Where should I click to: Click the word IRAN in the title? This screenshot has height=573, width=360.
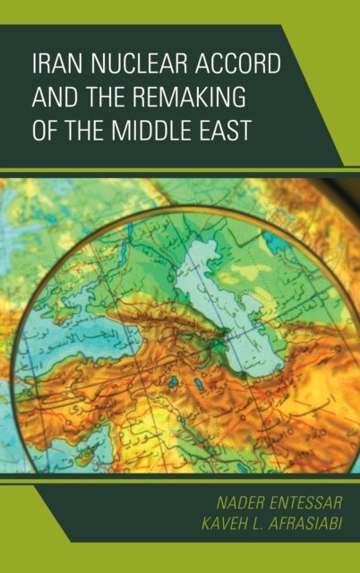[x=54, y=64]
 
